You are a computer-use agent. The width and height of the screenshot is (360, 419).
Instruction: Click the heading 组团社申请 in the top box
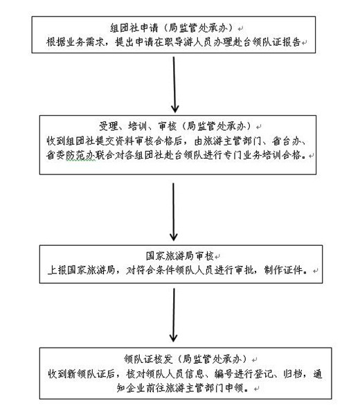click(134, 28)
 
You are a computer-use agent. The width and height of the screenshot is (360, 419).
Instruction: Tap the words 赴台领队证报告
click(267, 42)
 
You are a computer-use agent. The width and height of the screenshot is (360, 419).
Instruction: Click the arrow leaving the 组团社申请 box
click(174, 84)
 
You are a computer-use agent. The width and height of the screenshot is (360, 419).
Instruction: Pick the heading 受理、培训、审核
click(138, 126)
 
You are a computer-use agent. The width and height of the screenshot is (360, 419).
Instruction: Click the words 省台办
click(286, 141)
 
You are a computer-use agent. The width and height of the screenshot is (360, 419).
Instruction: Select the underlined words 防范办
click(80, 155)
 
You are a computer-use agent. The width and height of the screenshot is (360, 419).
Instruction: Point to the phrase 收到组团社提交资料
click(90, 141)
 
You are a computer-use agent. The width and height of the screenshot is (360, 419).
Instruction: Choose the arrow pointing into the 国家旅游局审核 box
click(174, 212)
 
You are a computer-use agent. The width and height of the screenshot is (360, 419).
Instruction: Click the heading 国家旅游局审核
click(180, 256)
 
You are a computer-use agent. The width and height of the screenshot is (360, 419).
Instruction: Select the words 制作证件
click(284, 270)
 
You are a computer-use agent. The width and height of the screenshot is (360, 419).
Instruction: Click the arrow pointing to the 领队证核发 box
click(174, 315)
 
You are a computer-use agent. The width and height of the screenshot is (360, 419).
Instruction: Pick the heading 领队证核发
click(148, 359)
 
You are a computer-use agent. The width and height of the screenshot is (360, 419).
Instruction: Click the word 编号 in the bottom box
click(224, 373)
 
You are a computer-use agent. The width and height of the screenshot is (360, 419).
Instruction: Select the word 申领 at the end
click(235, 388)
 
